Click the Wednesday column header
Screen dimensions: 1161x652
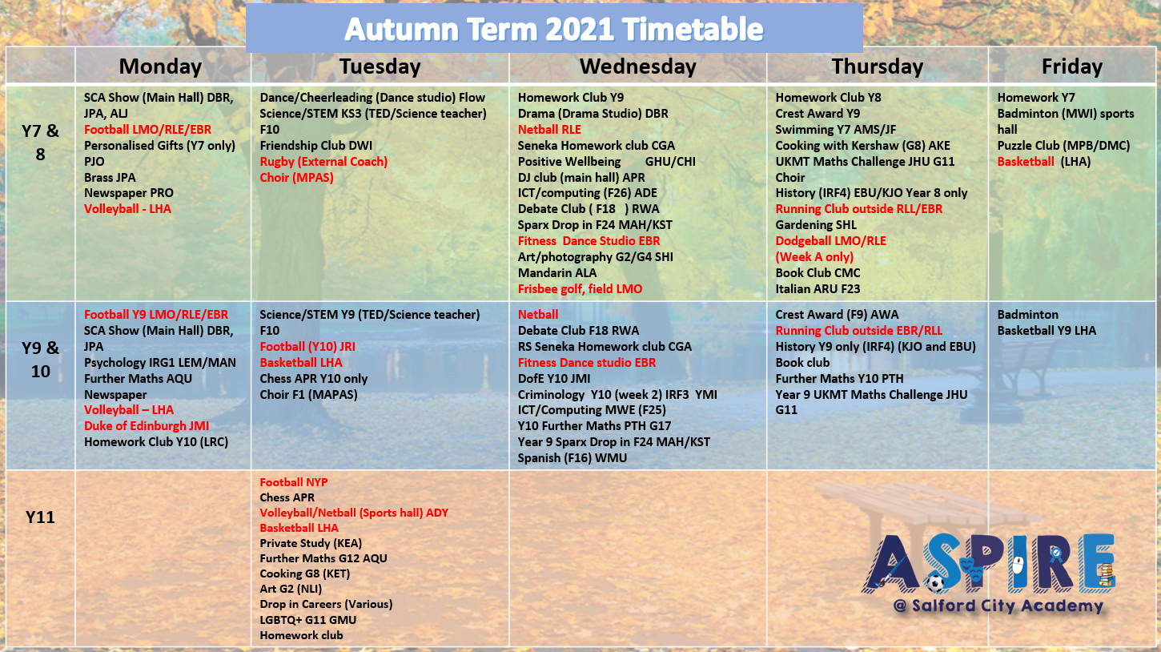[637, 66]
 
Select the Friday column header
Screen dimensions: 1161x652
[1072, 66]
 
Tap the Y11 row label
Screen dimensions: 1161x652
[40, 517]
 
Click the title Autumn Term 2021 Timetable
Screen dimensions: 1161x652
[553, 29]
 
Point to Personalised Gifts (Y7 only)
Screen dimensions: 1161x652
[159, 146]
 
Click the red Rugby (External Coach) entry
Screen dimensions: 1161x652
[323, 161]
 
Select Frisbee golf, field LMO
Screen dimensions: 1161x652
[580, 289]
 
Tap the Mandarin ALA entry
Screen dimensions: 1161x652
[557, 273]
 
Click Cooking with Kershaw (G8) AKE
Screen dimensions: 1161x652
[863, 146]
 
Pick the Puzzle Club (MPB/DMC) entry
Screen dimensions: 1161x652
[1063, 146]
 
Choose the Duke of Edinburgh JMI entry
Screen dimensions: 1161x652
[147, 426]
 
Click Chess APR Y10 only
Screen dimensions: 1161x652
[314, 379]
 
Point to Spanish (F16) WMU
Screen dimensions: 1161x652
[572, 458]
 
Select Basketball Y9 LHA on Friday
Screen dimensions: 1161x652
[1047, 331]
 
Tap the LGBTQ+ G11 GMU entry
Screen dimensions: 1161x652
[308, 620]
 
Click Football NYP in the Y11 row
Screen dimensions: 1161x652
[294, 482]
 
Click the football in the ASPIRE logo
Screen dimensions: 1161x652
[935, 583]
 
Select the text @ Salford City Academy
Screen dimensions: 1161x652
[998, 606]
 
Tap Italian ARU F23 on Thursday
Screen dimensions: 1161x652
[818, 289]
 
